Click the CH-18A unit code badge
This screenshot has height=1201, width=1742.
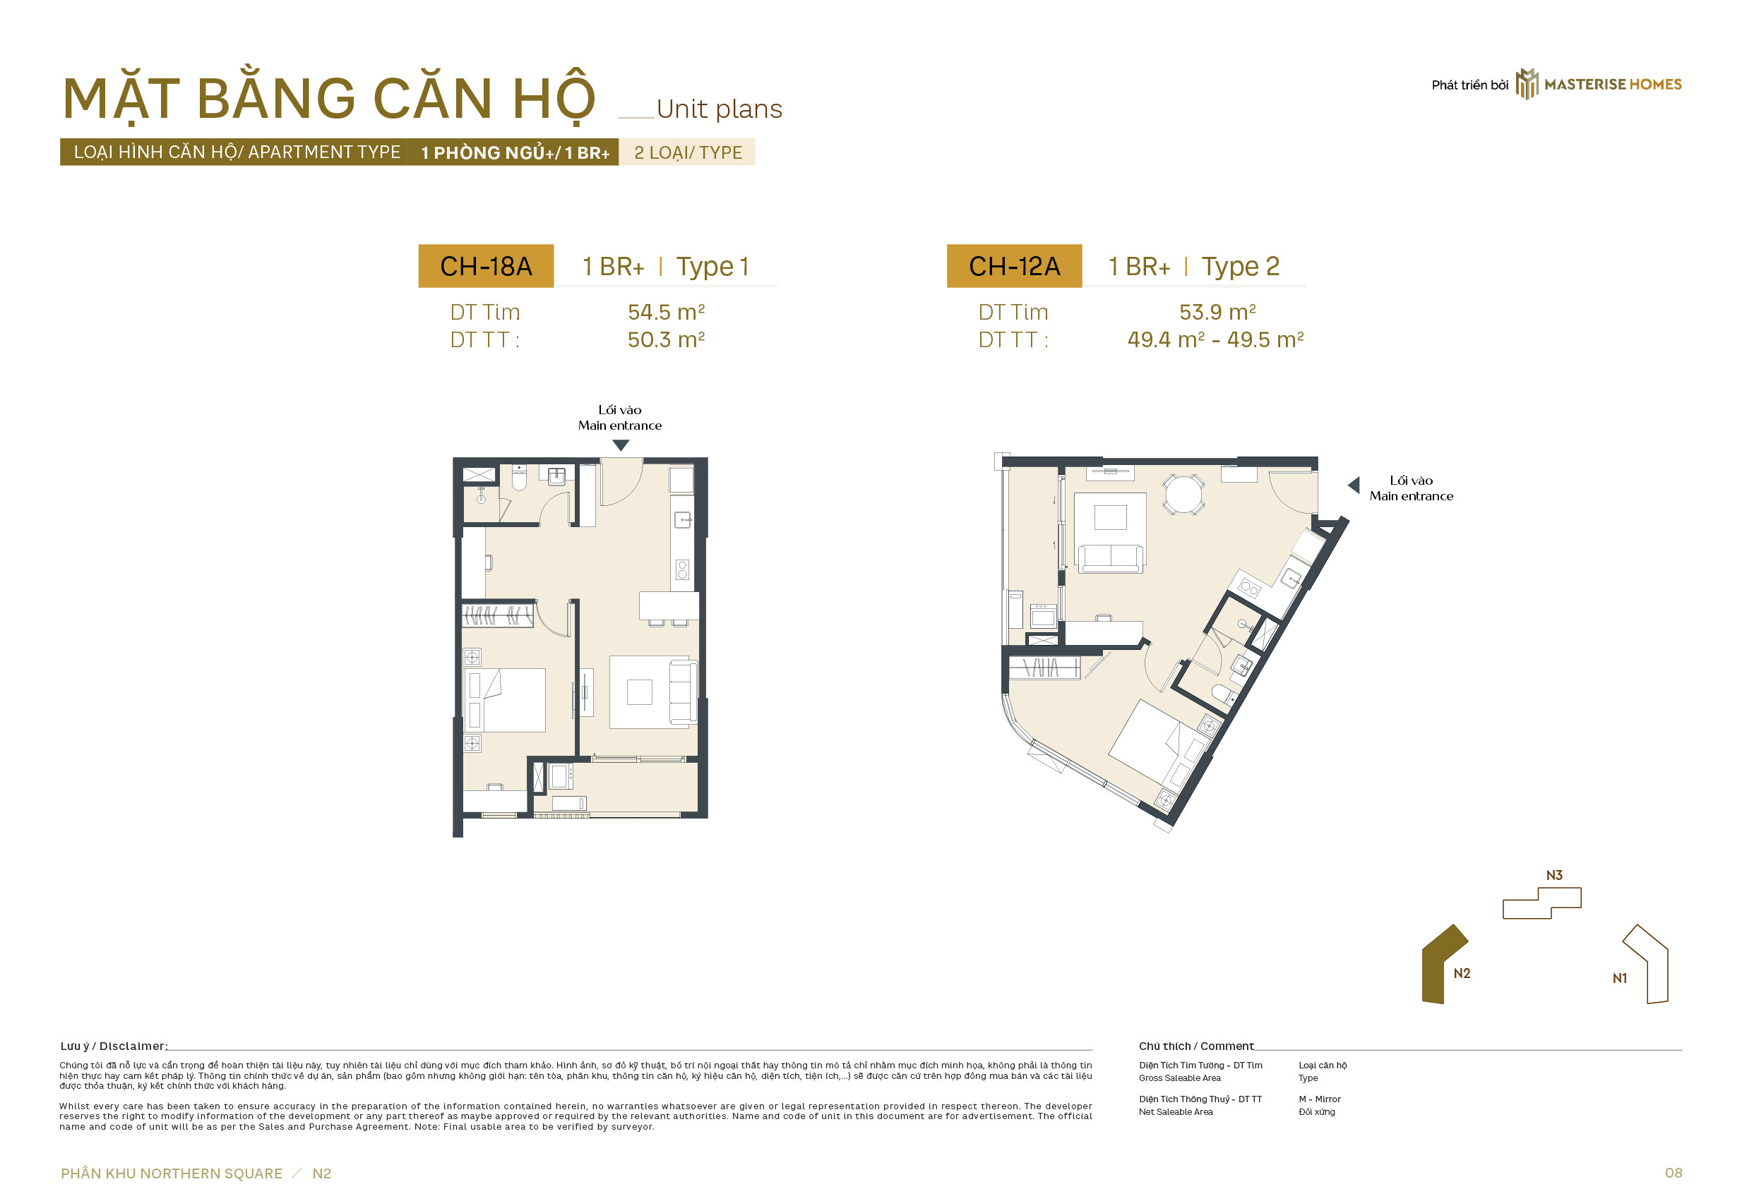[487, 265]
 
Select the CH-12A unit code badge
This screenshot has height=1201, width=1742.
[1014, 265]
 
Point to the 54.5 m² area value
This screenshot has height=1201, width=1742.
[667, 311]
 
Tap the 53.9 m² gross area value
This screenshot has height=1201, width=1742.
[1217, 311]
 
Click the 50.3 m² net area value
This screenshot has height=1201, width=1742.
[667, 339]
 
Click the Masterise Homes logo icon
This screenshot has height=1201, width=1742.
[1527, 83]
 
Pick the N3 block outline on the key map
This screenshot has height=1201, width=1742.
[1541, 903]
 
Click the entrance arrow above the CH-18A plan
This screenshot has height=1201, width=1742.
[620, 445]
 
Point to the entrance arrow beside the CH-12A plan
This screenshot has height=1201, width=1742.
[1354, 485]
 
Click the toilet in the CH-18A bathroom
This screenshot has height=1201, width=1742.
[519, 477]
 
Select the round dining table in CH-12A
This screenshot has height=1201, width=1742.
[1183, 495]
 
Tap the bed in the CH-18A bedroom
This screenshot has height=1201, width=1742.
[506, 700]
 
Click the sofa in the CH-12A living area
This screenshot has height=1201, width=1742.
[1111, 558]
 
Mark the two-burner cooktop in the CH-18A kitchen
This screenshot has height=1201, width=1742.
[682, 569]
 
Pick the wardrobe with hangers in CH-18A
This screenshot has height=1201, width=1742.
[498, 615]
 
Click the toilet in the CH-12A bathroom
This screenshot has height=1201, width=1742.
[1222, 694]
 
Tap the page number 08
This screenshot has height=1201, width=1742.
[1673, 1173]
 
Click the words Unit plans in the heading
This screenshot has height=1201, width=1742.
[719, 110]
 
